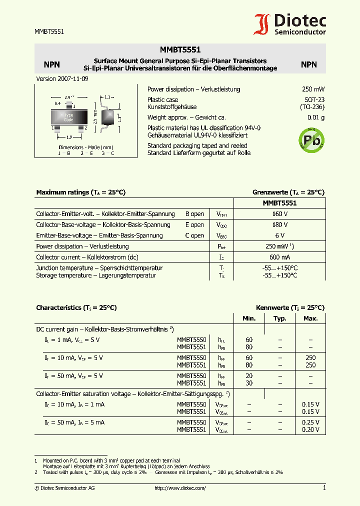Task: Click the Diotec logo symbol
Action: (x=263, y=24)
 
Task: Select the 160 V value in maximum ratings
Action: (x=279, y=214)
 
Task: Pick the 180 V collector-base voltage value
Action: (x=279, y=225)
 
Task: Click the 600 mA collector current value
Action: (x=279, y=257)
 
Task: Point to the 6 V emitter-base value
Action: (x=279, y=235)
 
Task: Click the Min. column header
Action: (x=249, y=318)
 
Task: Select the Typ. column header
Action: (x=280, y=318)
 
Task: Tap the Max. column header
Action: (x=310, y=318)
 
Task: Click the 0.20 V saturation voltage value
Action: (x=310, y=429)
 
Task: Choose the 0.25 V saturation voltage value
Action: (x=310, y=422)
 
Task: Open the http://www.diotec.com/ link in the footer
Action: (x=180, y=488)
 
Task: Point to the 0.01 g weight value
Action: (x=315, y=118)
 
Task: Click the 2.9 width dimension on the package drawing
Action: (x=69, y=98)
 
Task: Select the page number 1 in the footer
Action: (x=324, y=488)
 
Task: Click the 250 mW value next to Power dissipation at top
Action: (x=313, y=89)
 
